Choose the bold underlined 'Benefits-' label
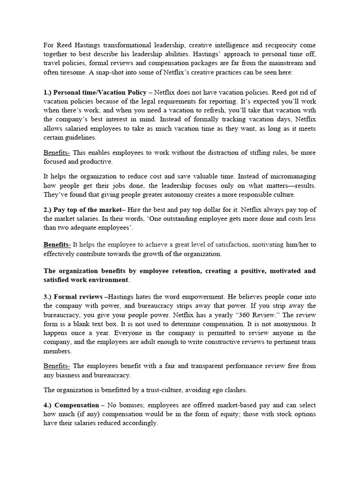57,244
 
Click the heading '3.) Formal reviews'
75,297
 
